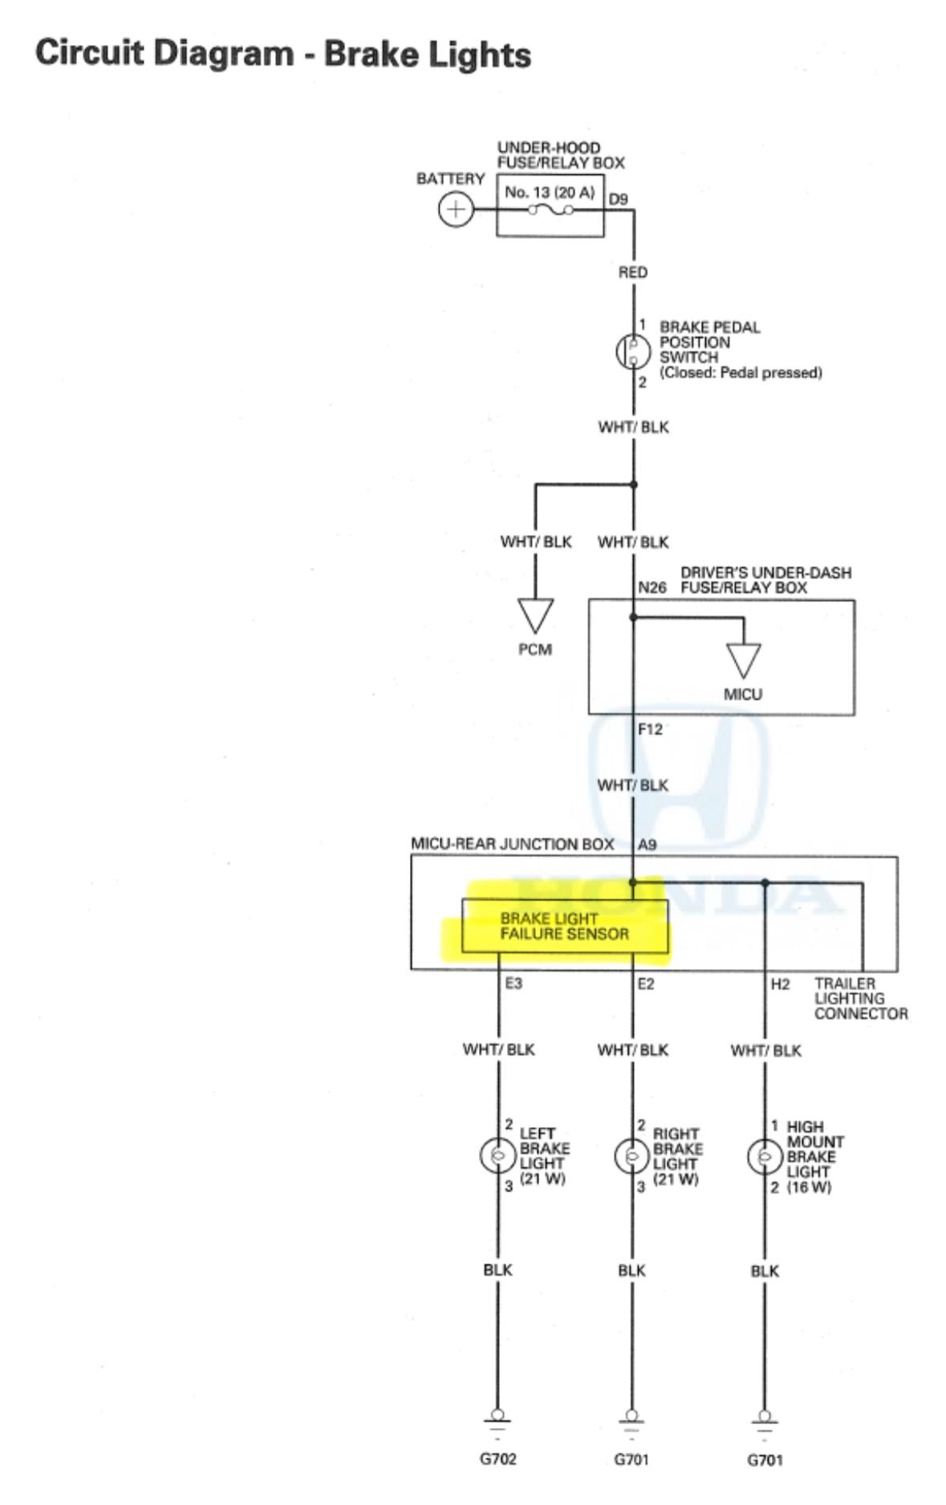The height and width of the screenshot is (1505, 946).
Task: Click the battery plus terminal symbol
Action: [x=455, y=210]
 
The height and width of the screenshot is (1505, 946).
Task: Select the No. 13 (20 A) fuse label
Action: [x=549, y=193]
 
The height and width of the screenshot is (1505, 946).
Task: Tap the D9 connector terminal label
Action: [x=618, y=199]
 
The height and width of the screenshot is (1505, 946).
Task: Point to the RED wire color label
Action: [x=632, y=273]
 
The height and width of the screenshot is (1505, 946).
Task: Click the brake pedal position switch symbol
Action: [x=631, y=351]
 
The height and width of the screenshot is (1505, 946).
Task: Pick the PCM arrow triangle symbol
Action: [x=535, y=615]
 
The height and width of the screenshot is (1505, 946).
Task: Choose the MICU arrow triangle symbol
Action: [x=743, y=659]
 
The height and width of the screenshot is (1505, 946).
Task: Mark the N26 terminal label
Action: [x=652, y=588]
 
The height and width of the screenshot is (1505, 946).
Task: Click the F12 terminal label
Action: [x=650, y=730]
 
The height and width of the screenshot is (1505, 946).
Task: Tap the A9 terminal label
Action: [x=647, y=845]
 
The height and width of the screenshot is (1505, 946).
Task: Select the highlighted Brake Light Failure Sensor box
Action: [x=564, y=927]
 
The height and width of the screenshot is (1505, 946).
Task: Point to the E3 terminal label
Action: [x=514, y=984]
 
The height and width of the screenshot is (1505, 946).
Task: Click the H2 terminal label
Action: [x=780, y=984]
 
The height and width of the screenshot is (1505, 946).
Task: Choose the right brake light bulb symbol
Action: [x=631, y=1156]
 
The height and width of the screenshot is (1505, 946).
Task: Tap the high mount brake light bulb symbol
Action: [x=764, y=1156]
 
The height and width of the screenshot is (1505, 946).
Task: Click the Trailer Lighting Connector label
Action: [x=860, y=999]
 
